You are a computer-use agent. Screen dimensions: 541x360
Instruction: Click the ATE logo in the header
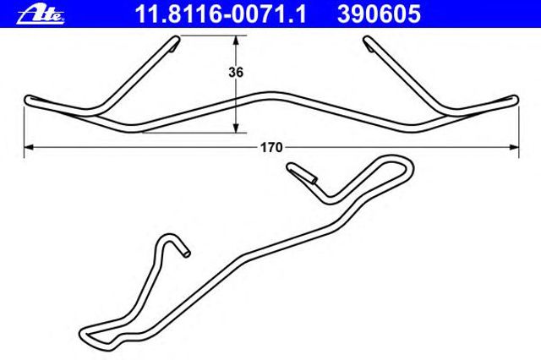coord(41,15)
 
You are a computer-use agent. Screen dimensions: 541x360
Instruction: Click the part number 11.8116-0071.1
coord(221,14)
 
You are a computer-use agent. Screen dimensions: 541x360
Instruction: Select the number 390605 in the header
coord(379,14)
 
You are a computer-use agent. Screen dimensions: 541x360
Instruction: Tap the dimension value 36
coord(236,73)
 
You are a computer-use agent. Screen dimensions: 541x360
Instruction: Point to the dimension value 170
coord(271,148)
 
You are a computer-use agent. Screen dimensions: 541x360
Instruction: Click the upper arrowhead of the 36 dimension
coord(236,41)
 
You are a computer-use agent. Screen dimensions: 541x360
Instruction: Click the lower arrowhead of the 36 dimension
coord(236,128)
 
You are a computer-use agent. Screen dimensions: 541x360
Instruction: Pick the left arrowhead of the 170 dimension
coord(29,147)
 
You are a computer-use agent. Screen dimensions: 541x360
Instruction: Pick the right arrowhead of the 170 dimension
coord(514,147)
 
